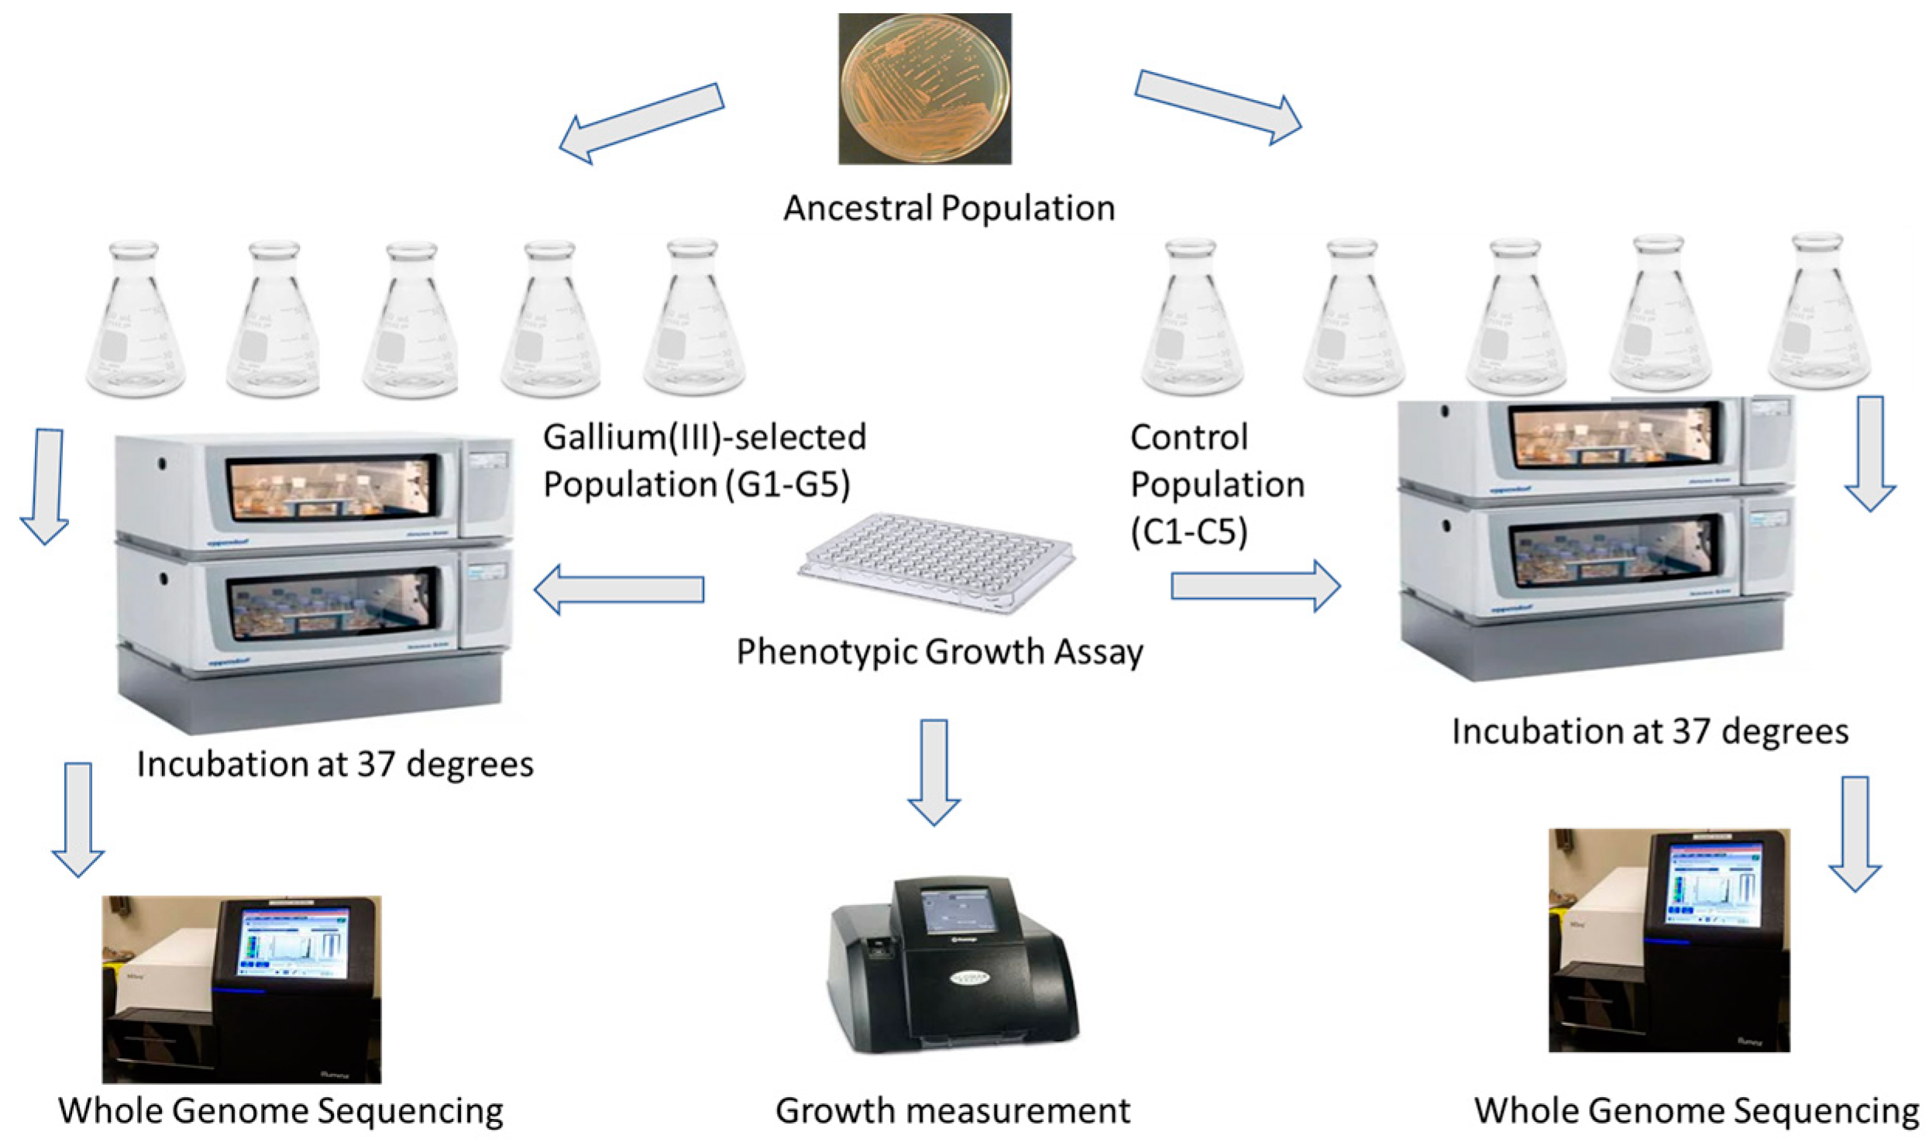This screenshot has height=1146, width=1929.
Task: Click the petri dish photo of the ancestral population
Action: [924, 88]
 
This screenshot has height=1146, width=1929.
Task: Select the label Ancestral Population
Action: [948, 208]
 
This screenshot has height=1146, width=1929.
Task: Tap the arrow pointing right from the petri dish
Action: [1218, 107]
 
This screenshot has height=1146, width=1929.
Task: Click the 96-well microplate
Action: [936, 562]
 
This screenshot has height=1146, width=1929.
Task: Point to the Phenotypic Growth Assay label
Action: [939, 652]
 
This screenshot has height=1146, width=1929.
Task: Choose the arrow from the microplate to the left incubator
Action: [619, 589]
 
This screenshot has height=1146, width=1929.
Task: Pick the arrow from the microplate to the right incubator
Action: [1255, 587]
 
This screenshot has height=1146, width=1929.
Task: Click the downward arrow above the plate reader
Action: [934, 771]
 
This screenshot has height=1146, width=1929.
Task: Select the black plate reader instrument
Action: [953, 969]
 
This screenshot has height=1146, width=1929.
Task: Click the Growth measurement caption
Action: [952, 1110]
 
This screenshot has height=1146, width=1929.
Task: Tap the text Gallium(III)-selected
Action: [704, 437]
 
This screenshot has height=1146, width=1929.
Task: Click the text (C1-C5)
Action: [1188, 532]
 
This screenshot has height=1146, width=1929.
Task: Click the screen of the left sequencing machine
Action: [294, 944]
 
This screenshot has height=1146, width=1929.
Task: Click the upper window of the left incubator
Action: [332, 489]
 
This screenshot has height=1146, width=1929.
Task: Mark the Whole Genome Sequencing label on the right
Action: [1696, 1110]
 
